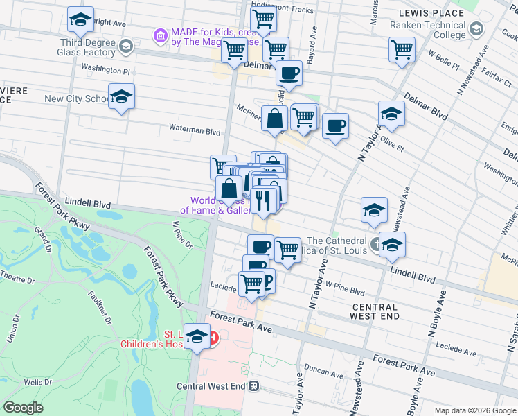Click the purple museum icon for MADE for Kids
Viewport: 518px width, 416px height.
point(161,35)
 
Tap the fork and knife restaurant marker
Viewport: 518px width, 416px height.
point(263,200)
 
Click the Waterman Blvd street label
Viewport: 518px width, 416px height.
point(195,130)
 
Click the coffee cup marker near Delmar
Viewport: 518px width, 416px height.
point(289,73)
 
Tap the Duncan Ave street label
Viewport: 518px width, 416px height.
point(321,370)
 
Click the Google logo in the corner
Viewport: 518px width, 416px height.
point(24,408)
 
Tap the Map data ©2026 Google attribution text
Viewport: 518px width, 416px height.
point(474,410)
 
